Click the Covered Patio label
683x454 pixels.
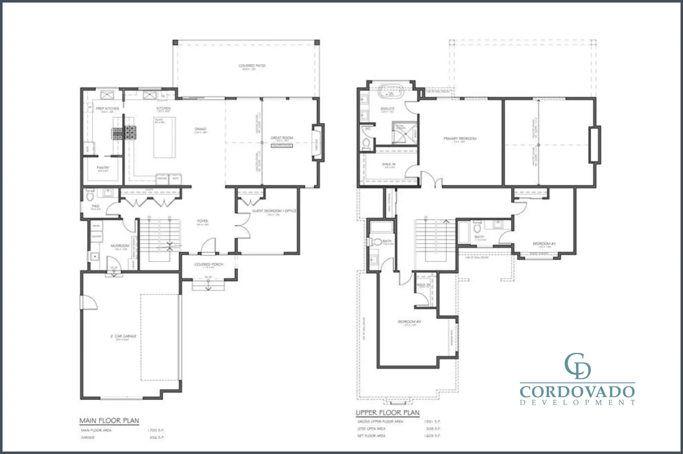252,66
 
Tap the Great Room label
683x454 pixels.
282,138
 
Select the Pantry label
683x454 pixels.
103,168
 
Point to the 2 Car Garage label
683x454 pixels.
123,336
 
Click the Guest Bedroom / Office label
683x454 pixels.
274,211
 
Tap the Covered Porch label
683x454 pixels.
209,265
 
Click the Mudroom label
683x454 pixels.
120,246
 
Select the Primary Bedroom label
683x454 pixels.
460,139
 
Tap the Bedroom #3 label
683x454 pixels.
409,322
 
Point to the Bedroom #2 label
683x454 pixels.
544,244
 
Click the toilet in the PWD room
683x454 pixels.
90,195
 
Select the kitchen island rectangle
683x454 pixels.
164,137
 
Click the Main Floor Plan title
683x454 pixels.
109,421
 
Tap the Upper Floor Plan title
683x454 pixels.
387,413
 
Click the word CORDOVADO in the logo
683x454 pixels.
577,392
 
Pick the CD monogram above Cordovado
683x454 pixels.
577,366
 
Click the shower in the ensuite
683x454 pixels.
404,133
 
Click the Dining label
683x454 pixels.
200,129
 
